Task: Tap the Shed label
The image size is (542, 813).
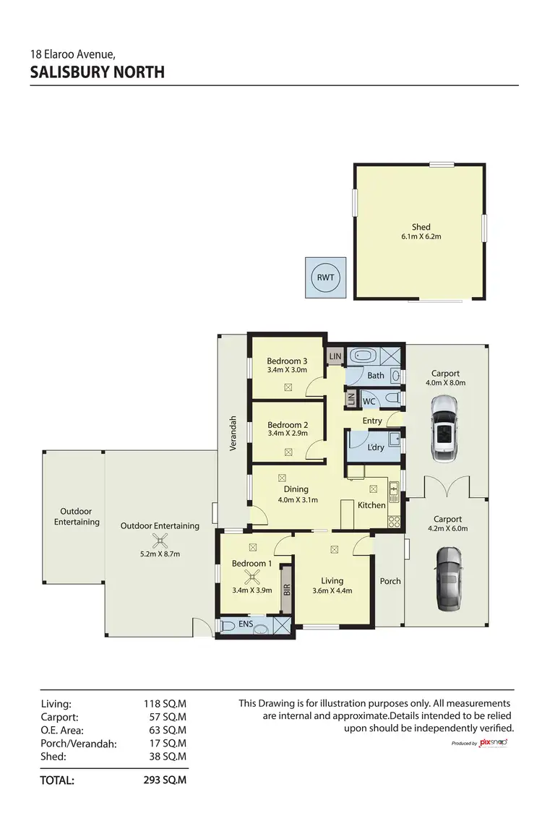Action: pos(421,227)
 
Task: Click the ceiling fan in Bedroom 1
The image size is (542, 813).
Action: pos(252,576)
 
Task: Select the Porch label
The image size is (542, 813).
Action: pos(390,581)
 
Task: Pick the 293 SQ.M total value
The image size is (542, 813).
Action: pos(165,780)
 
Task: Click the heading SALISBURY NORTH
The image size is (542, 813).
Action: pos(98,72)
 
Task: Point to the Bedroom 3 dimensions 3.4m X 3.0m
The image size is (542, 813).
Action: pos(287,370)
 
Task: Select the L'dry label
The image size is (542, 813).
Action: pos(376,448)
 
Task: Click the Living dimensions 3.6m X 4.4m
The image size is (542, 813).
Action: pos(332,591)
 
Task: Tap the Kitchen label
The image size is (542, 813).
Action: pos(371,505)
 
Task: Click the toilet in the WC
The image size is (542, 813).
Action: pos(391,400)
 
